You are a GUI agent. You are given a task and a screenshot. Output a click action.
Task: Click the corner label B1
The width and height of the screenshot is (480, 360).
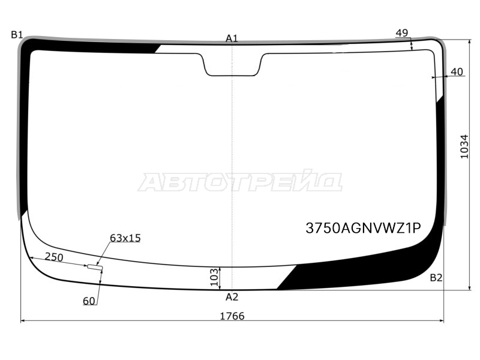[17, 35]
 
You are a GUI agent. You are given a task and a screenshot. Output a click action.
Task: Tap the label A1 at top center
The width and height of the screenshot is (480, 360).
[232, 38]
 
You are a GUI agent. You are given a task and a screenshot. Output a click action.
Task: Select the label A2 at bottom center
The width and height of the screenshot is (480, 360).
[232, 297]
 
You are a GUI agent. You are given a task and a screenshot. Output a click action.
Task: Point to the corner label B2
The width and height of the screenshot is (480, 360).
[436, 278]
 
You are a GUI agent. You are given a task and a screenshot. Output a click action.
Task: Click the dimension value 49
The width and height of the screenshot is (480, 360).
[401, 33]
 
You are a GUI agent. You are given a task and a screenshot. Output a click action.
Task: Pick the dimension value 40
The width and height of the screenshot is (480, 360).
[457, 71]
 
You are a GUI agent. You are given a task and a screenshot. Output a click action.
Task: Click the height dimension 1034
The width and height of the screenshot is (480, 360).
[464, 146]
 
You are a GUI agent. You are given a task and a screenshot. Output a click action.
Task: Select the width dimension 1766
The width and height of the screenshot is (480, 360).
[232, 316]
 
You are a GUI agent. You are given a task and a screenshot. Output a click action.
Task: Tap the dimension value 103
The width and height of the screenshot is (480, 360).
[215, 277]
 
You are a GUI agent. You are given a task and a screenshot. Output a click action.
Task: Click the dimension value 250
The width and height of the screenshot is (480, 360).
[54, 257]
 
